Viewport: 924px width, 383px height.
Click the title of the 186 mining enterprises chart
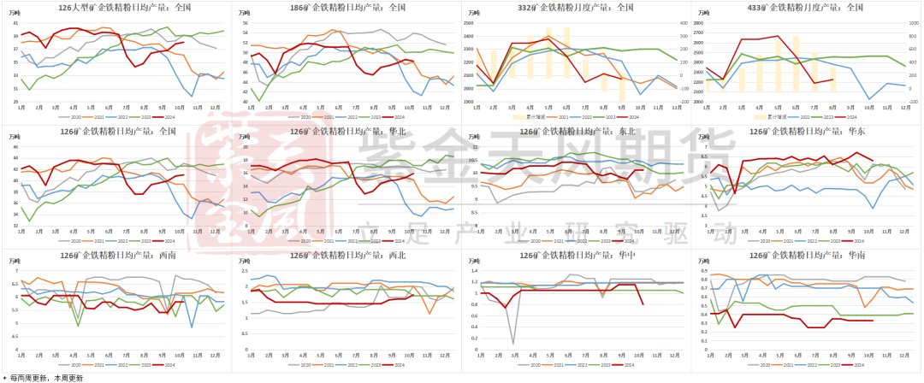[346, 7]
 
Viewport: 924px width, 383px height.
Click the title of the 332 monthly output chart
[577, 7]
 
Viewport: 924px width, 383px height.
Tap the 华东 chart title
[807, 131]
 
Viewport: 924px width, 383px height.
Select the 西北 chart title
[346, 255]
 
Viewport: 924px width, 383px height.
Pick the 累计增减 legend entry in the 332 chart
[524, 116]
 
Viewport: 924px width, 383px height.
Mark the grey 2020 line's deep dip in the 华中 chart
[513, 344]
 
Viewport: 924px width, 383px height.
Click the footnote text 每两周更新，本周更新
[48, 377]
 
